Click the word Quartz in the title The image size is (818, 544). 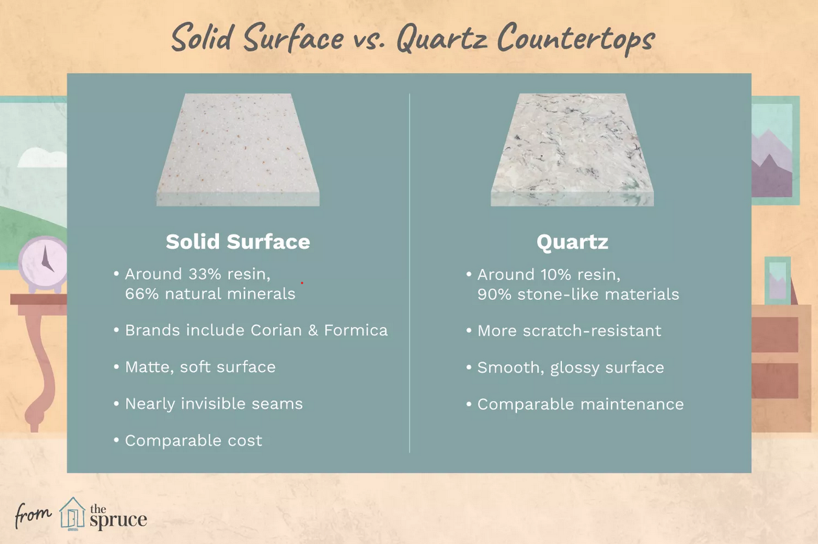point(442,39)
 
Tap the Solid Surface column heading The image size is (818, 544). point(238,242)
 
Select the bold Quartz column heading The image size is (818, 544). point(572,242)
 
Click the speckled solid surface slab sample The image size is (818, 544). point(238,150)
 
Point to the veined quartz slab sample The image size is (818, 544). point(572,150)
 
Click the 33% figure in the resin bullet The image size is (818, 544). point(204,274)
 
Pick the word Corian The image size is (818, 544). point(276,330)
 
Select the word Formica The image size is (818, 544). point(356,330)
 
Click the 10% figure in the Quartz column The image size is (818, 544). point(556,275)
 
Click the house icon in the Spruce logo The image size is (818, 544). point(72,513)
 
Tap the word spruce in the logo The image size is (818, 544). point(118,520)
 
